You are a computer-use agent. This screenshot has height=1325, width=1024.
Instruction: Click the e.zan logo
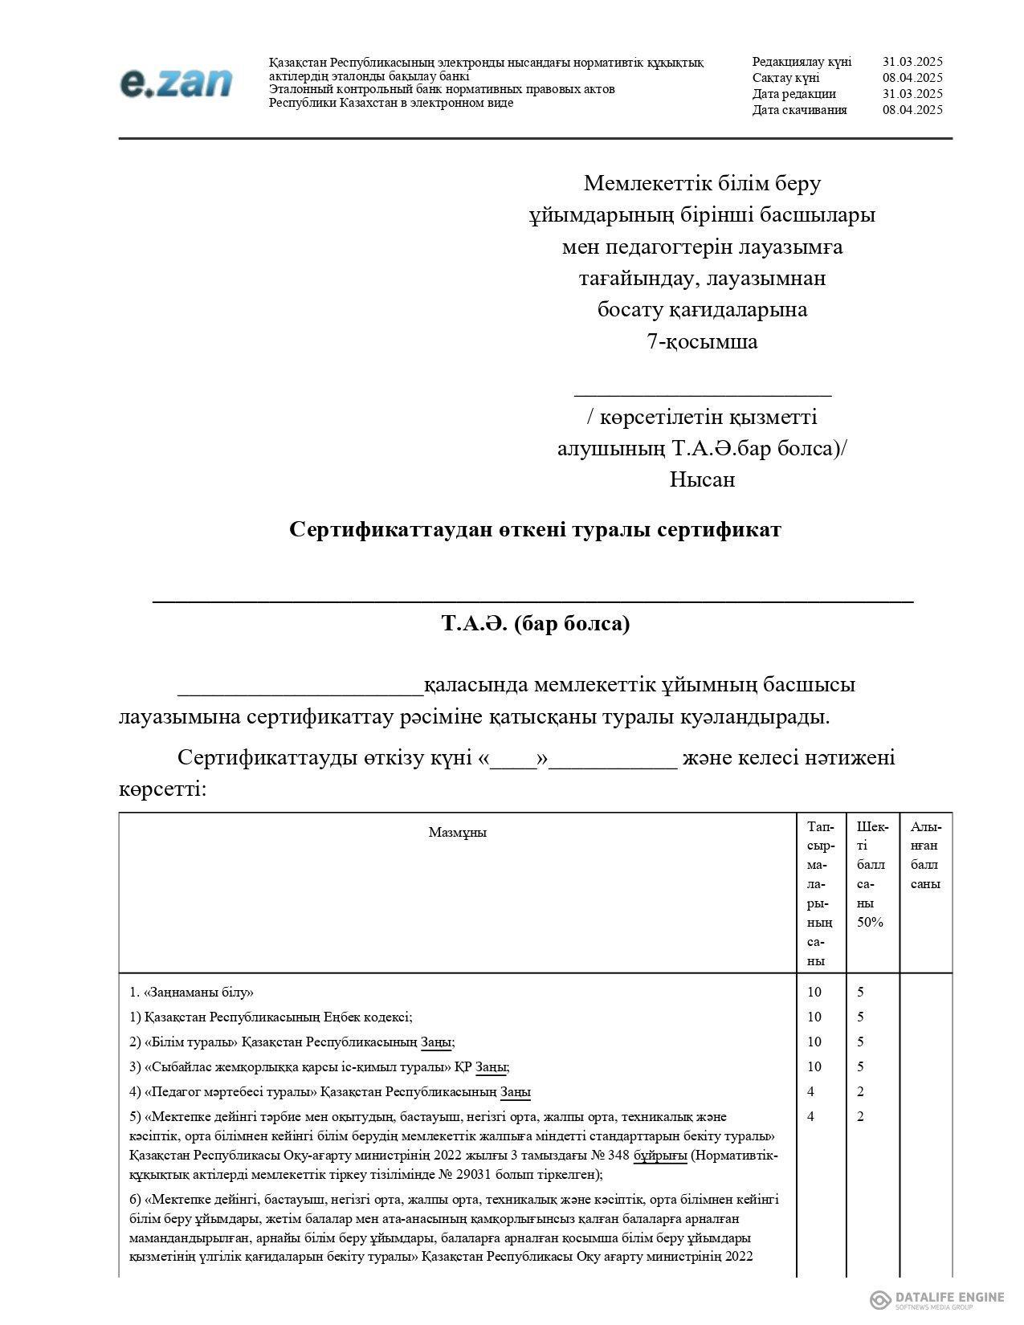176,83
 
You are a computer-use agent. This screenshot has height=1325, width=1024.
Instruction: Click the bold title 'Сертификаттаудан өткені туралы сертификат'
535,530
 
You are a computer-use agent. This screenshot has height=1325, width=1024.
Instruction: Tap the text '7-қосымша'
702,341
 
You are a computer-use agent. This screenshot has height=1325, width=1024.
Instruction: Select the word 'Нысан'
702,479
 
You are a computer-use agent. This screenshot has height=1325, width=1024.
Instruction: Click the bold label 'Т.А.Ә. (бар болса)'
535,623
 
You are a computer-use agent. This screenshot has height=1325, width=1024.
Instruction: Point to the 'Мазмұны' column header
457,832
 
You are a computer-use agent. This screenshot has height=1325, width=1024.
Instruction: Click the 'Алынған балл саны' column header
925,854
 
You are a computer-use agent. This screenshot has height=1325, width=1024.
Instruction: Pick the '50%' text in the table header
870,922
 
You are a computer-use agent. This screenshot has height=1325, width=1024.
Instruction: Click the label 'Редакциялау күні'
802,62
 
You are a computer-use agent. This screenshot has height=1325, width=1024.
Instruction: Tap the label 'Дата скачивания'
799,110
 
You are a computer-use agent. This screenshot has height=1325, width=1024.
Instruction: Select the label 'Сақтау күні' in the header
785,78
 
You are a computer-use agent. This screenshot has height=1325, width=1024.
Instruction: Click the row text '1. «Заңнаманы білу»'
191,992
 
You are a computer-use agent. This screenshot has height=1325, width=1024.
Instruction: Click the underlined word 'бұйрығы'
660,1156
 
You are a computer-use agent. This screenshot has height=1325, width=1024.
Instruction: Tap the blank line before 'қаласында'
300,689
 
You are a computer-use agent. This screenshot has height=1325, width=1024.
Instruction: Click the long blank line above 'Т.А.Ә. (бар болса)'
532,598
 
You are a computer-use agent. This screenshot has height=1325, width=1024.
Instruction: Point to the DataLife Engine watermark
936,1299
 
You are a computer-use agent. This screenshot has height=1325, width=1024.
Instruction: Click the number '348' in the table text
618,1156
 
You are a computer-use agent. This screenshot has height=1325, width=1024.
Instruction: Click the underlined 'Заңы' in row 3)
492,1067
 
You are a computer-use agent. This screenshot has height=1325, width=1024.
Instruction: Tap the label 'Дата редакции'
793,94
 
